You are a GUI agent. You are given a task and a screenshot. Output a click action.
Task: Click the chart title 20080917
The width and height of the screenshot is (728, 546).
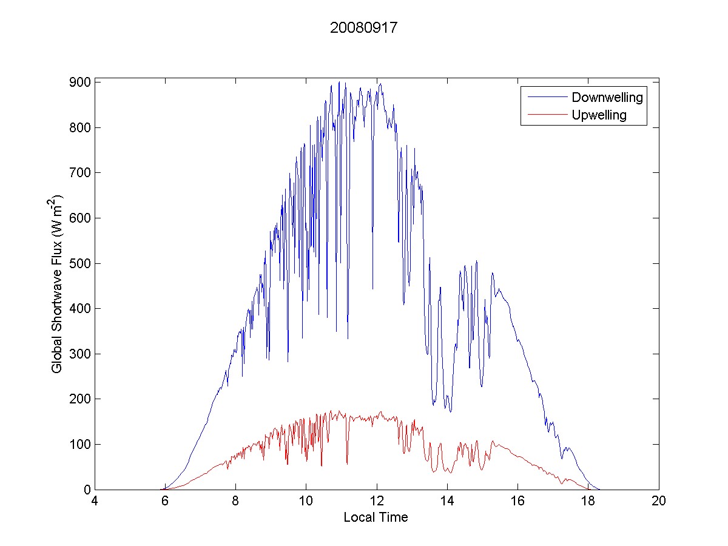pos(363,29)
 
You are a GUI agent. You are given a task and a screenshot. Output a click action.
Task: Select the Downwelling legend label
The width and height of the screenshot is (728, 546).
pos(607,97)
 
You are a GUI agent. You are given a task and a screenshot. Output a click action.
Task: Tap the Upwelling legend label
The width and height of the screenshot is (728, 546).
pos(599,115)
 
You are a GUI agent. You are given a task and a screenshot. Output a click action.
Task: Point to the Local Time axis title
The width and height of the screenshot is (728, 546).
pos(376,517)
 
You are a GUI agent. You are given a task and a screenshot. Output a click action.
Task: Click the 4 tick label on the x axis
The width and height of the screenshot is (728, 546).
pos(95,502)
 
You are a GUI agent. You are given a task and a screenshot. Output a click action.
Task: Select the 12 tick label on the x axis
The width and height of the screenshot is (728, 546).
pos(377,502)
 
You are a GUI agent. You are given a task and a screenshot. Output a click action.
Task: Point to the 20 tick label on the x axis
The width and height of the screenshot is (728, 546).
pos(659,502)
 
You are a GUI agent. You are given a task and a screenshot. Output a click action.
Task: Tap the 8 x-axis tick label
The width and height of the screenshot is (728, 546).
pos(236,502)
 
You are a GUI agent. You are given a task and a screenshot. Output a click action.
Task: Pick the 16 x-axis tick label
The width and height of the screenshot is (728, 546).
pos(517,502)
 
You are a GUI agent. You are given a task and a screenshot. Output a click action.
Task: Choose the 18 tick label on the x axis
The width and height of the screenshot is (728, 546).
pos(588,502)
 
